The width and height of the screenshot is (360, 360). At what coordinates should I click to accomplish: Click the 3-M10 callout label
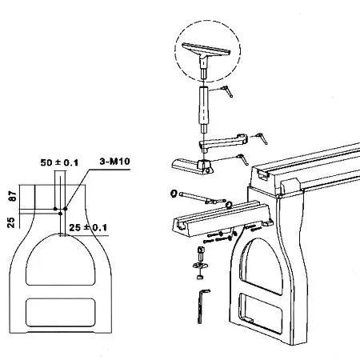(115, 162)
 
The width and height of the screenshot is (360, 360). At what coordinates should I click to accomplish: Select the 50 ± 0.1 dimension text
(59, 162)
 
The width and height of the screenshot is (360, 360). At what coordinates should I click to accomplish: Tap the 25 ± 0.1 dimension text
(88, 227)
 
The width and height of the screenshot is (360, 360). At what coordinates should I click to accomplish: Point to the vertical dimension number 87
(13, 196)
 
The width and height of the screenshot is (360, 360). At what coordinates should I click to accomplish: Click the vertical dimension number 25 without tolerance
(11, 222)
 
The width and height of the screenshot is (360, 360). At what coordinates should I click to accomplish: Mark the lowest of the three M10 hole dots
(61, 214)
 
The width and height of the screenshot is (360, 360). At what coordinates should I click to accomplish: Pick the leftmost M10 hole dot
(55, 209)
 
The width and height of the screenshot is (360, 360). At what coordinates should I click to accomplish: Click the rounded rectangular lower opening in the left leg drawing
(61, 313)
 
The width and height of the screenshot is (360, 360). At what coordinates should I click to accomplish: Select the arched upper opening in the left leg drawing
(61, 260)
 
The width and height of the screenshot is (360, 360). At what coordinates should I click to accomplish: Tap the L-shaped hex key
(202, 306)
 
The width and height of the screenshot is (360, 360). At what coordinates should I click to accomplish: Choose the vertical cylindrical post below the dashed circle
(203, 110)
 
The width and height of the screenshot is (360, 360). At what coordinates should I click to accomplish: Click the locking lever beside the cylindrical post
(227, 91)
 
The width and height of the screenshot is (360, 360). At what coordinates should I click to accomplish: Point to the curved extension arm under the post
(223, 142)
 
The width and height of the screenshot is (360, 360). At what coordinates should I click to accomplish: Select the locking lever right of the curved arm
(262, 138)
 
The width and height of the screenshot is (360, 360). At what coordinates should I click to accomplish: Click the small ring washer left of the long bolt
(174, 194)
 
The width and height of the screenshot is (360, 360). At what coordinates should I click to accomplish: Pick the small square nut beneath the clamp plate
(199, 277)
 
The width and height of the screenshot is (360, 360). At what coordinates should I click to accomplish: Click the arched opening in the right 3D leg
(262, 266)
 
